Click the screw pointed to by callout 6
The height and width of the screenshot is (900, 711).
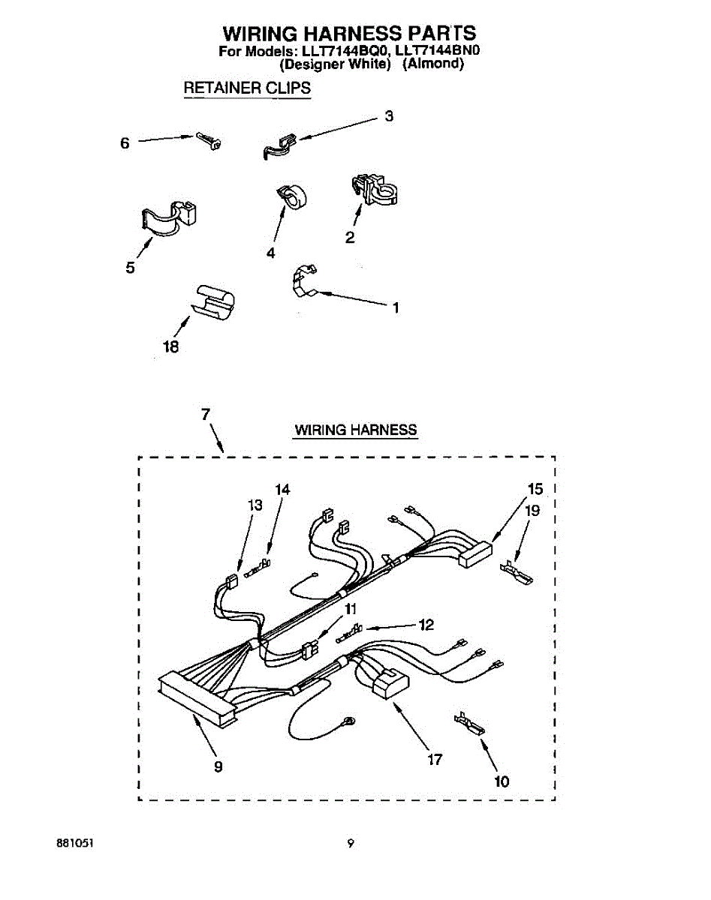click(x=208, y=140)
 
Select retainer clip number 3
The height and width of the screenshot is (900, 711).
click(x=279, y=145)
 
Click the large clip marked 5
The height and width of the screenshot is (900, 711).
click(x=167, y=217)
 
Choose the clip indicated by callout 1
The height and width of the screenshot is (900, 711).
click(x=303, y=280)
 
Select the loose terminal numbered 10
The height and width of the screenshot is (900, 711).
click(x=468, y=724)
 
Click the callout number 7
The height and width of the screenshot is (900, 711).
click(x=206, y=413)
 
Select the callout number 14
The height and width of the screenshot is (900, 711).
click(x=282, y=490)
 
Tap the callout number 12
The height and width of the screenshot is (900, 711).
click(x=426, y=625)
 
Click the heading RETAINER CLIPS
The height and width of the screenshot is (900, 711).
click(x=247, y=88)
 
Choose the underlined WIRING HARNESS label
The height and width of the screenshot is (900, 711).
click(x=355, y=430)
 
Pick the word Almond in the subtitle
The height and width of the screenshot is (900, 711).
click(x=433, y=64)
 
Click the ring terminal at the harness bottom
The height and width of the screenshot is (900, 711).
click(x=349, y=721)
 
